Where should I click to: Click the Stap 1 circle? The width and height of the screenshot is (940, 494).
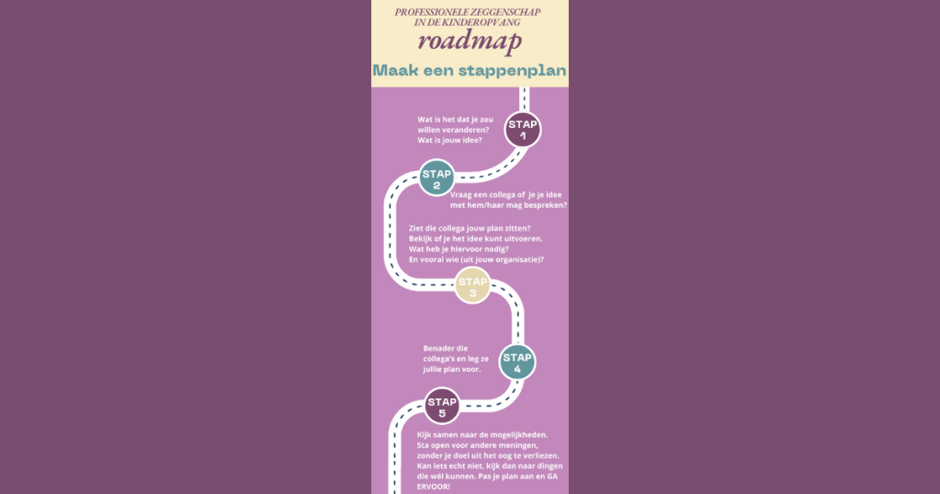click(523, 130)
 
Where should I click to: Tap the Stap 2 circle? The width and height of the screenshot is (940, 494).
click(436, 178)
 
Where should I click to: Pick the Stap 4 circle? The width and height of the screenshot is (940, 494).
click(516, 362)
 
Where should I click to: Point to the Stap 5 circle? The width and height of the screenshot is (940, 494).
click(442, 407)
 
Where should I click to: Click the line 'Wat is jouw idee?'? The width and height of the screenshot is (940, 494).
click(450, 141)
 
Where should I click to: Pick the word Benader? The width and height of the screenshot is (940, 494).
click(439, 349)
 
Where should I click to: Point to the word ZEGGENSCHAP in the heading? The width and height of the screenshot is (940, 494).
click(504, 12)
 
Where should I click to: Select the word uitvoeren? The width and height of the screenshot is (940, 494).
click(519, 238)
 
